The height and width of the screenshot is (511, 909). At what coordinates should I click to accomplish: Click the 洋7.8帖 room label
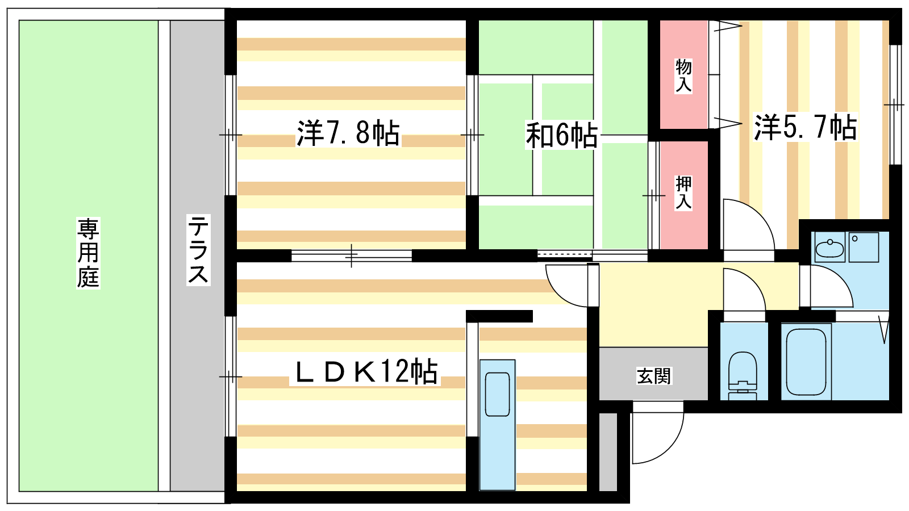[348, 133]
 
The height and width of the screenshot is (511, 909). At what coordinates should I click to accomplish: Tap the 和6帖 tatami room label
[561, 135]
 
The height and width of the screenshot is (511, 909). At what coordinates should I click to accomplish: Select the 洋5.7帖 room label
[805, 127]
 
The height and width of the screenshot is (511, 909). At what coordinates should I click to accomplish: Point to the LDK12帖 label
[365, 371]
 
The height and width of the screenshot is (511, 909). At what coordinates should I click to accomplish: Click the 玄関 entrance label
[654, 376]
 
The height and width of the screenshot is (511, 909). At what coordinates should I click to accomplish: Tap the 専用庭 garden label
[88, 253]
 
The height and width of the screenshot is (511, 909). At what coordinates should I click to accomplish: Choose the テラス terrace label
[198, 249]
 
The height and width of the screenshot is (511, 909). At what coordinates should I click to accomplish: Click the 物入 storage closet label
[683, 76]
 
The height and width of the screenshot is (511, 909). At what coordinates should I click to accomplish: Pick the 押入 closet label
[683, 193]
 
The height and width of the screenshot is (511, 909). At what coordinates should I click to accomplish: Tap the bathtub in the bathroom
[806, 362]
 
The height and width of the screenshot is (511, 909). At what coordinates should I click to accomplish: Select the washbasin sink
[829, 248]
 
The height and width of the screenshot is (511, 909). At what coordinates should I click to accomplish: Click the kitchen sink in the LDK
[497, 394]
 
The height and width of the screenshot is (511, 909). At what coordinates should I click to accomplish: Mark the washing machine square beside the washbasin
[864, 247]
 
